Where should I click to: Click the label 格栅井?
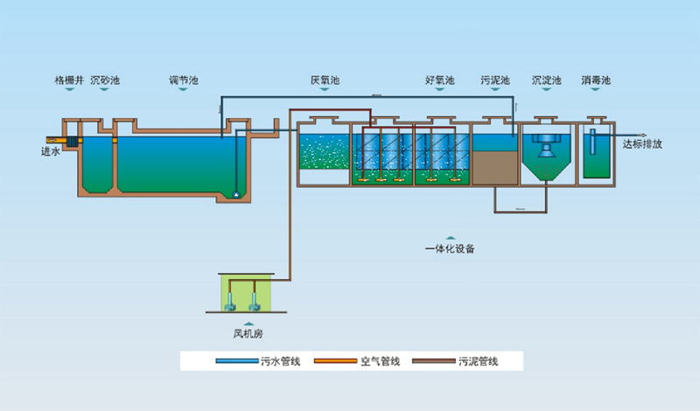(x=69, y=80)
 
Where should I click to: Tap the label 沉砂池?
(x=105, y=80)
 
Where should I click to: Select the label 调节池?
(x=184, y=80)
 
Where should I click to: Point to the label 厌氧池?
(x=325, y=80)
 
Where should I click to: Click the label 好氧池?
(x=440, y=80)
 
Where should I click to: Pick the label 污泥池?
(x=495, y=80)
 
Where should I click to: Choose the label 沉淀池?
(x=546, y=80)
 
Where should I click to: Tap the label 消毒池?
(x=596, y=80)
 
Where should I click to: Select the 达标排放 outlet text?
(x=642, y=145)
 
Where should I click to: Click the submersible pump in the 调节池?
(x=236, y=193)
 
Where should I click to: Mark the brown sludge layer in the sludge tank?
(x=495, y=166)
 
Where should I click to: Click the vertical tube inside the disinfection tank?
(x=592, y=144)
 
